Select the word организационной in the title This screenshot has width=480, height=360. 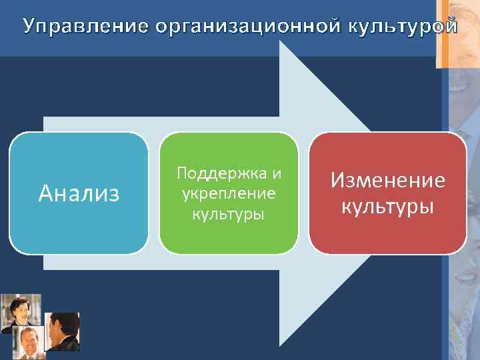(248, 27)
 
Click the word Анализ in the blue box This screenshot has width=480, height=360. (79, 193)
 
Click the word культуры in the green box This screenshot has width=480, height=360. (229, 214)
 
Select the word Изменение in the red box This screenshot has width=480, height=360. (388, 181)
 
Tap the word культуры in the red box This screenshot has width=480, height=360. (388, 205)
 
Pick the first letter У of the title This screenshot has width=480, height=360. (29, 27)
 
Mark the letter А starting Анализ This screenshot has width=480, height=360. (45, 193)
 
